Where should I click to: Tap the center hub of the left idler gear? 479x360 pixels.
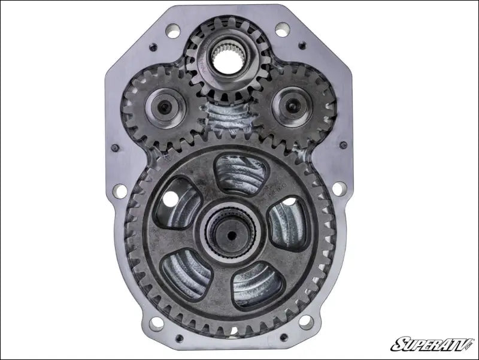(x=163, y=108)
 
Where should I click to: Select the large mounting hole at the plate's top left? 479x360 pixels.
(x=173, y=29)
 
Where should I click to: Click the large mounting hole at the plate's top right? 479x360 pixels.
(x=281, y=29)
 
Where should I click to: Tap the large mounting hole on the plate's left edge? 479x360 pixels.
(x=120, y=190)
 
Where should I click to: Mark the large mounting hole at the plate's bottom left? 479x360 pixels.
(x=156, y=324)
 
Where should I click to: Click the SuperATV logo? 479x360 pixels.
(x=431, y=344)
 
